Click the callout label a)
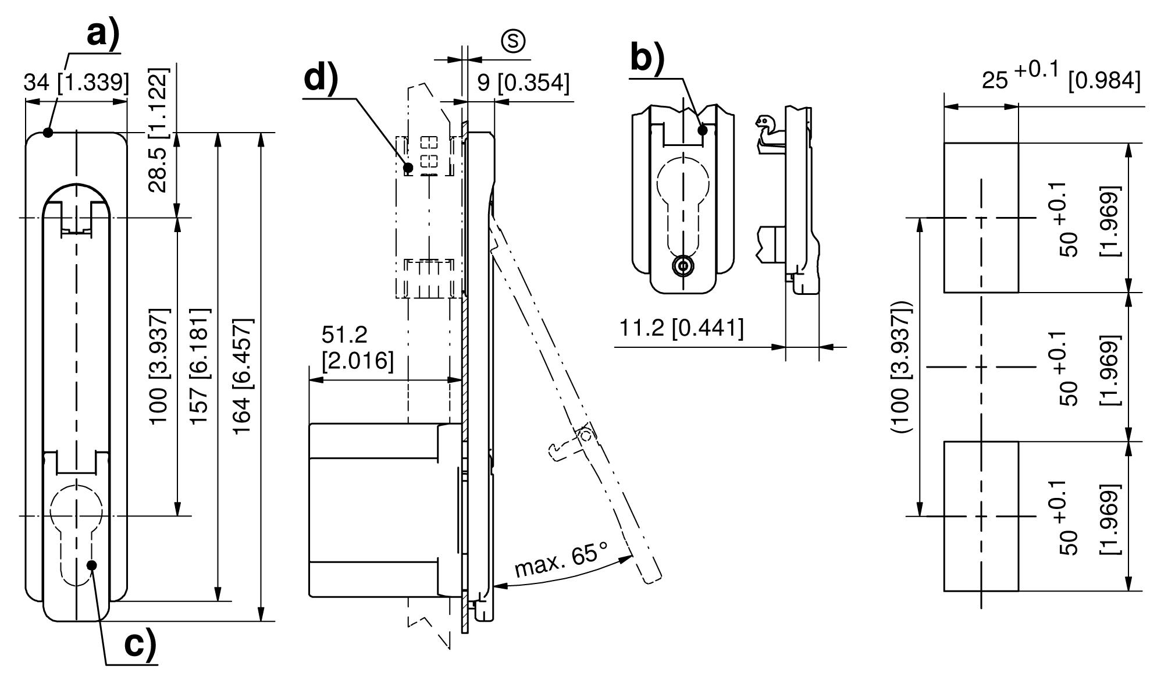pyautogui.click(x=103, y=34)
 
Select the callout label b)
pyautogui.click(x=647, y=59)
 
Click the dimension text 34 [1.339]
pyautogui.click(x=76, y=83)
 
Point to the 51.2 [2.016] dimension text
pyautogui.click(x=357, y=348)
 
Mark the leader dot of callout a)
pyautogui.click(x=48, y=133)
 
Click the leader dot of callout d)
pyautogui.click(x=408, y=168)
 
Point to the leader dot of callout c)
pyautogui.click(x=91, y=565)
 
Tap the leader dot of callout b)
pyautogui.click(x=703, y=130)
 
